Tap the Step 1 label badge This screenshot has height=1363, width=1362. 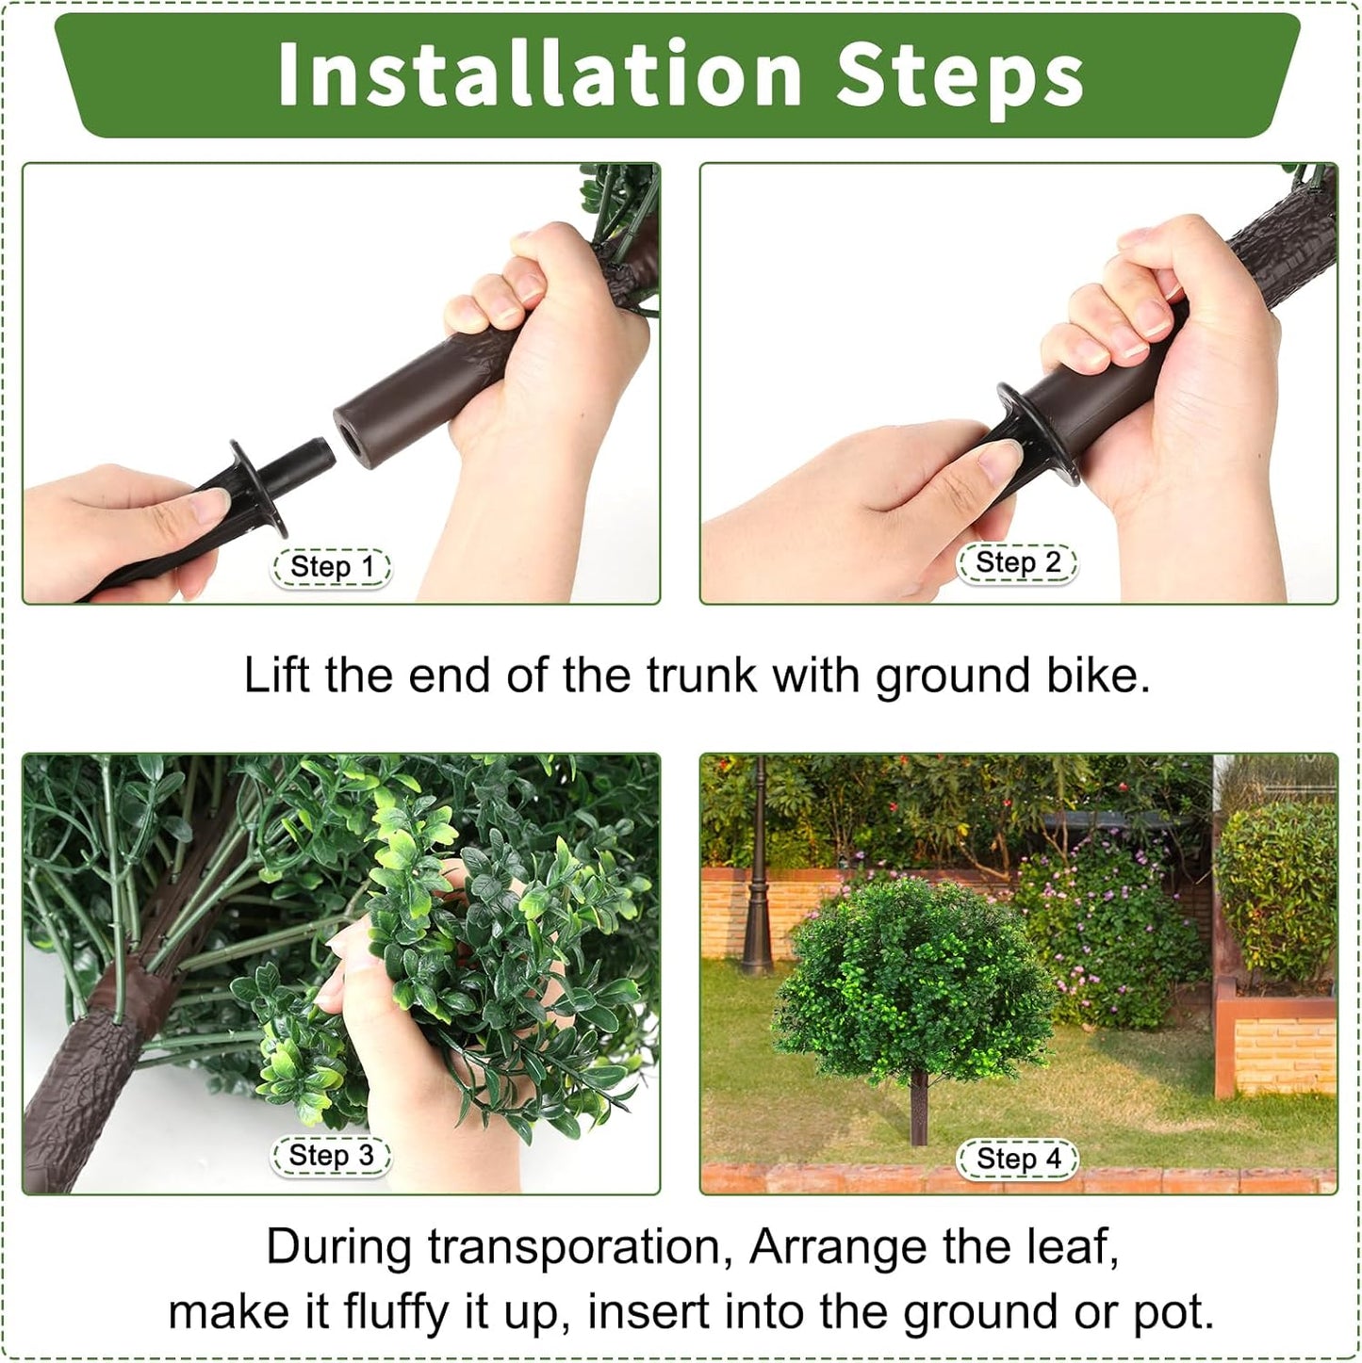pos(332,567)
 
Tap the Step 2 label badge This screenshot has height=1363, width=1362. pos(1017,563)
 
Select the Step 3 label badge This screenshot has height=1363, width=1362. pos(331,1156)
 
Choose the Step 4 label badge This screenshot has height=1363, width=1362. pos(1018,1159)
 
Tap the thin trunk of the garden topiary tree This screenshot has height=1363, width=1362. pos(918,1111)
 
